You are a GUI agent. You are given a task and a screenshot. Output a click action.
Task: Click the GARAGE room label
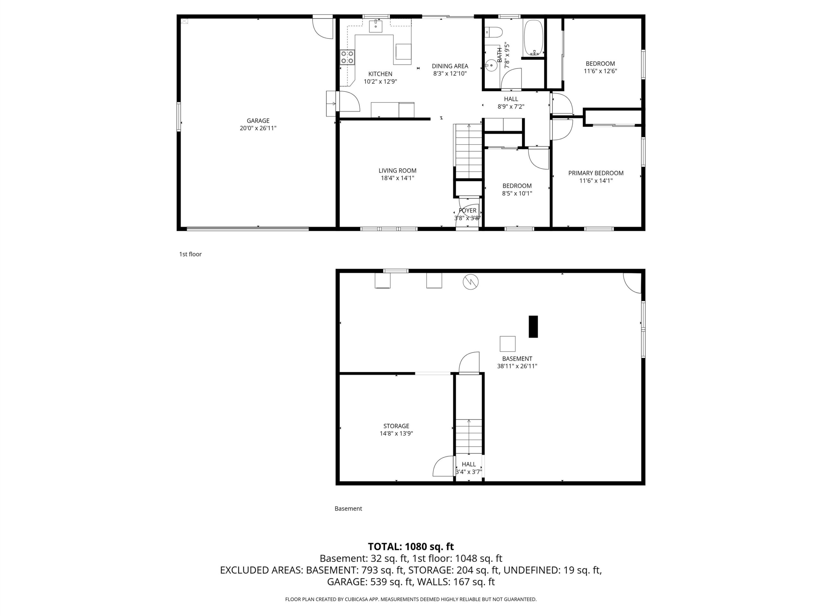[x=258, y=121]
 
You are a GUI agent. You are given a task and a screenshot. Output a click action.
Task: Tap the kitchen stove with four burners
[x=347, y=57]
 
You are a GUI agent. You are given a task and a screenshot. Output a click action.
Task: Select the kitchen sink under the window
[x=376, y=26]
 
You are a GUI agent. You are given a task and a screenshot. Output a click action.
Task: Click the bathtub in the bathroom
[x=533, y=38]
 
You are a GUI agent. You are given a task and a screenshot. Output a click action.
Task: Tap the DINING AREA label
[x=450, y=66]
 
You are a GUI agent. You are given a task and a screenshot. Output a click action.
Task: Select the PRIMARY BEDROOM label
[x=596, y=173]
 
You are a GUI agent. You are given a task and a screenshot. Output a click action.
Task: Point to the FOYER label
[x=468, y=210]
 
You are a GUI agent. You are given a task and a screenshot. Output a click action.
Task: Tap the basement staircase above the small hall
[x=469, y=436]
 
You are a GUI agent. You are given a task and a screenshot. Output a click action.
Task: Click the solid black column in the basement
[x=533, y=326]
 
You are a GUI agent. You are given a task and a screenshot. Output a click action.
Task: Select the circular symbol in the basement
[x=470, y=282]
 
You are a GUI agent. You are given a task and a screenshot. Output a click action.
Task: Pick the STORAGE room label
[x=396, y=426]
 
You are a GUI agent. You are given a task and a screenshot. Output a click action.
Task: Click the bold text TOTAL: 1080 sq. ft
[x=411, y=547]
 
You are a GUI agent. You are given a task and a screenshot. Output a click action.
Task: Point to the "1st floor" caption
[x=190, y=254]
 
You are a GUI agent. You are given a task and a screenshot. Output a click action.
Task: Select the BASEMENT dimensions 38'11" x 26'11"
[x=517, y=366]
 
